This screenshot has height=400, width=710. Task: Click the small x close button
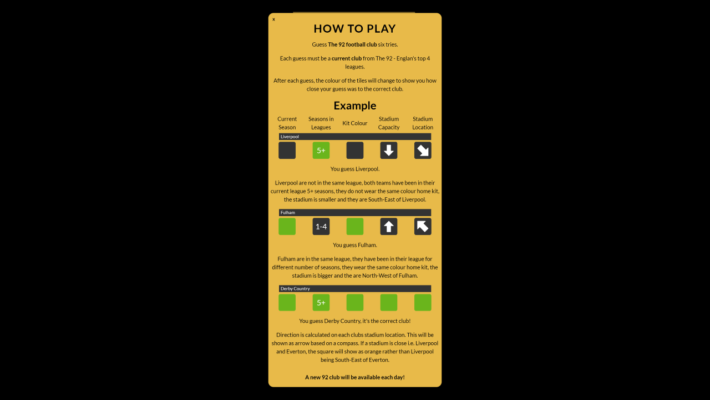[273, 19]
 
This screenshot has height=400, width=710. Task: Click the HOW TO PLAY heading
[354, 28]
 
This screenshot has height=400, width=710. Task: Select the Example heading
[354, 106]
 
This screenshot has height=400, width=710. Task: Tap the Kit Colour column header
[354, 123]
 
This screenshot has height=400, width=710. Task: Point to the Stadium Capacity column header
[389, 123]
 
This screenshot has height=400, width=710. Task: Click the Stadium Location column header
[423, 123]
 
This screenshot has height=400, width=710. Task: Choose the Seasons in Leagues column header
[321, 123]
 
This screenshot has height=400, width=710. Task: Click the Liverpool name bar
[354, 137]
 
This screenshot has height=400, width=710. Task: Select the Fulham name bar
[354, 212]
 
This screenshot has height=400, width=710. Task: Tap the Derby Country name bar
[354, 288]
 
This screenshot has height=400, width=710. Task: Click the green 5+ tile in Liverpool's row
[321, 151]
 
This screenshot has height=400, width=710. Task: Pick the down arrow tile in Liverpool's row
[389, 151]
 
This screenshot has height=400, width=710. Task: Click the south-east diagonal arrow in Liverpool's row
[423, 151]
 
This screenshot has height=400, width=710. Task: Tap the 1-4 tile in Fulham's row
[321, 226]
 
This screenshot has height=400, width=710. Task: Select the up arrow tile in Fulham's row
[389, 226]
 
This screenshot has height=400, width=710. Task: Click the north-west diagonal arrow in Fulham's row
[423, 226]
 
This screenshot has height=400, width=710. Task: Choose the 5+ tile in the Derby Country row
[321, 303]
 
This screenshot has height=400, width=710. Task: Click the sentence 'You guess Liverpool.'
[354, 169]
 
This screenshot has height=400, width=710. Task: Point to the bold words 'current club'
[347, 58]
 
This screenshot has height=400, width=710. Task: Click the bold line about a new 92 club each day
[354, 377]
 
